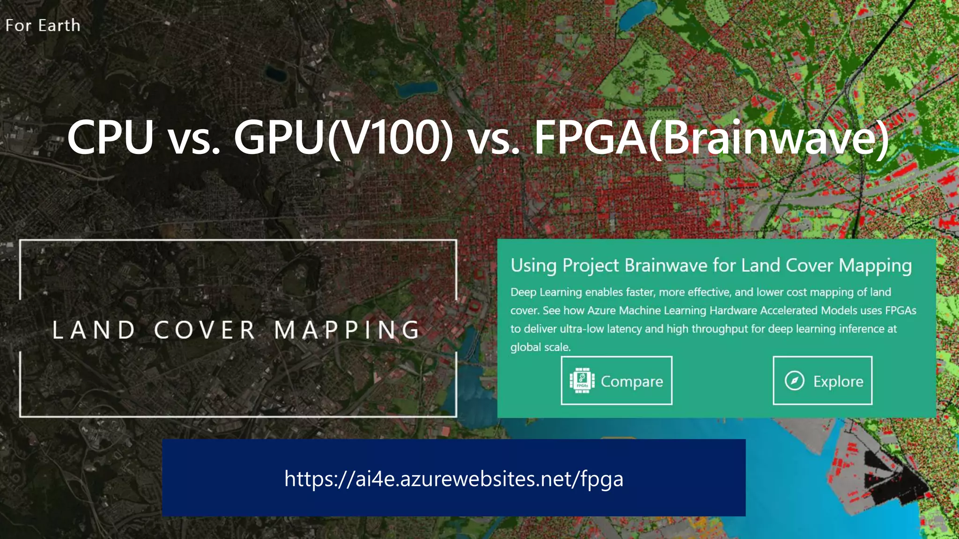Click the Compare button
pos(616,381)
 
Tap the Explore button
pos(822,381)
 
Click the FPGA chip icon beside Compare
pos(582,381)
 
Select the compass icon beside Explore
pos(794,381)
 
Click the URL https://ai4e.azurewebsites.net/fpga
pos(454,479)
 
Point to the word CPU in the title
pos(111,138)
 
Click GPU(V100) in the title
pos(343,138)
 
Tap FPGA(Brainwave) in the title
pos(711,138)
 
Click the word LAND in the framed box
pos(94,330)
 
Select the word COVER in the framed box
pos(205,330)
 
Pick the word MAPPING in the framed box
pos(347,330)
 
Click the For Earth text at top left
pos(43,25)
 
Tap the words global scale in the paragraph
pos(540,347)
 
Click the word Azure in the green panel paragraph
pos(601,311)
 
